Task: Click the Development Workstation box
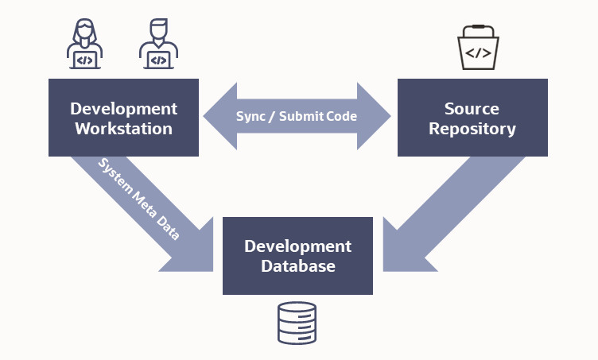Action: tap(123, 118)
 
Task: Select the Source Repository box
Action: tap(472, 118)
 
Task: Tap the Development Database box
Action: tap(297, 255)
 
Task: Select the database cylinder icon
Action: tap(297, 323)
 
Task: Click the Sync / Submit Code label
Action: tap(297, 116)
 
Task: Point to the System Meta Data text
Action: tap(138, 199)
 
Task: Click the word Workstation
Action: tap(123, 128)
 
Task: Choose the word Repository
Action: tap(472, 128)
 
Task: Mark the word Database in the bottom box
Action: tap(297, 266)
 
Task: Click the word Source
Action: tap(472, 108)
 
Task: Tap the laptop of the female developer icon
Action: tap(84, 60)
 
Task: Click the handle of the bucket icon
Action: tap(477, 33)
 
